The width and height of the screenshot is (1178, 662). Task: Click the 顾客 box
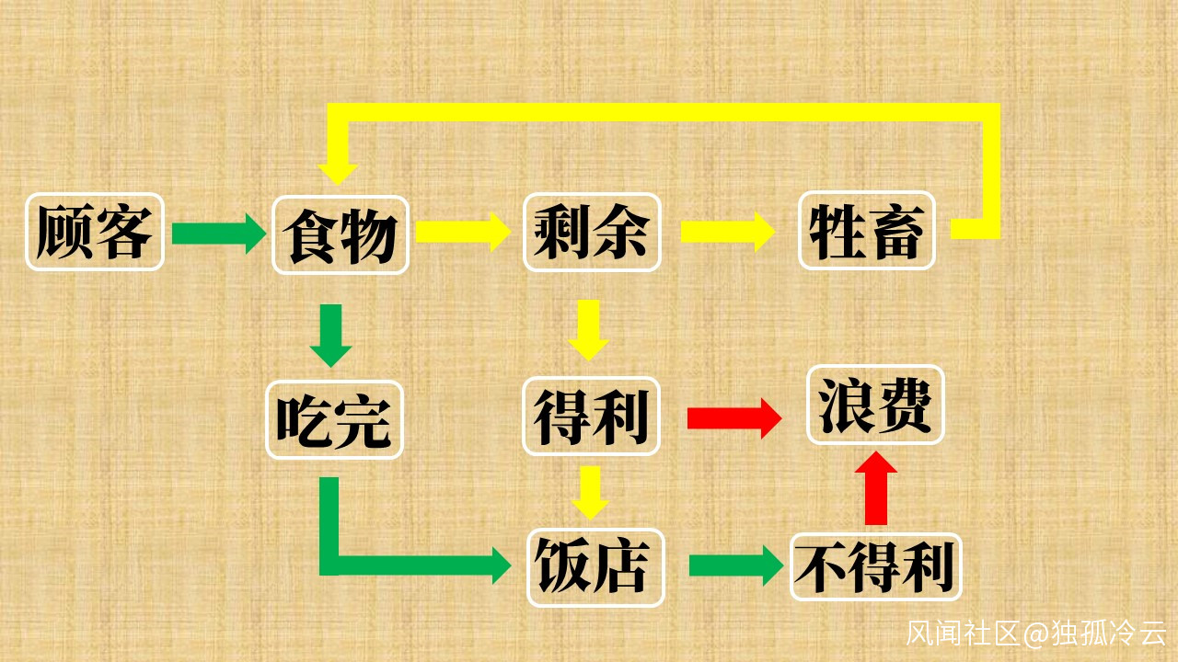[94, 232]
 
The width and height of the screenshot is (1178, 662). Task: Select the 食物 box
[341, 234]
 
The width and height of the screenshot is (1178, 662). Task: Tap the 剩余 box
[592, 232]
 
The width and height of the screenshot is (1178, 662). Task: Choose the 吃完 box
[334, 419]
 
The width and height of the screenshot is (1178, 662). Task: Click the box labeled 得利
[592, 417]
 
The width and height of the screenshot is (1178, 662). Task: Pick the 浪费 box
[875, 405]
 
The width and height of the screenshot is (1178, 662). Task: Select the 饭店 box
[595, 567]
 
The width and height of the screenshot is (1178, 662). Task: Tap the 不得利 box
[875, 567]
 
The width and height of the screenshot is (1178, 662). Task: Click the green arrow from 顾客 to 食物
[218, 233]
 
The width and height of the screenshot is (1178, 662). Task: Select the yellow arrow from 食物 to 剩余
[462, 231]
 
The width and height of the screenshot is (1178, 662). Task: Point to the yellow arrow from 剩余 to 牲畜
[727, 231]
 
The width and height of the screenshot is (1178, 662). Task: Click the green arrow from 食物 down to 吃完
[331, 335]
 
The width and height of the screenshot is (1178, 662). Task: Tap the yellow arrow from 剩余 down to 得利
[589, 329]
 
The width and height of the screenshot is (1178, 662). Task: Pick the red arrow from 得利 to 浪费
[733, 418]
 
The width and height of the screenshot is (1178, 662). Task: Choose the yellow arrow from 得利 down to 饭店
[590, 492]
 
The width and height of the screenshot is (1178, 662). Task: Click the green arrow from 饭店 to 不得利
[734, 565]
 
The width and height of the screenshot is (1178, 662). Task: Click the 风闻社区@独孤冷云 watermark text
[1036, 633]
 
